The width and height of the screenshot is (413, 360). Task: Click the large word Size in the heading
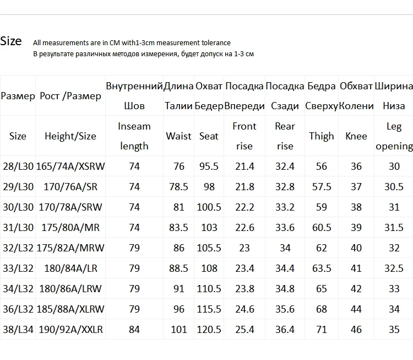(x=11, y=41)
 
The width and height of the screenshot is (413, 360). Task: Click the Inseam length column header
(x=134, y=136)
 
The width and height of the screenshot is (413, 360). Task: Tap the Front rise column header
(x=244, y=136)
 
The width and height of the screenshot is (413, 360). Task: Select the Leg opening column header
(x=394, y=136)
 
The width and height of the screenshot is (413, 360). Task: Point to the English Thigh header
(x=322, y=136)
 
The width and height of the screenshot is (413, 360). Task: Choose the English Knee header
(x=356, y=136)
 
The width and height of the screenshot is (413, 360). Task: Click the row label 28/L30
(x=18, y=166)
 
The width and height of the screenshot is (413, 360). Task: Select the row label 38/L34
(x=18, y=330)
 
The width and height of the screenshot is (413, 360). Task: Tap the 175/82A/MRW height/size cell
(x=70, y=248)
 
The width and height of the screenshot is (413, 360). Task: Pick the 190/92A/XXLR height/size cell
(x=70, y=330)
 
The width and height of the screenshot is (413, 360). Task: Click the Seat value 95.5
(x=209, y=166)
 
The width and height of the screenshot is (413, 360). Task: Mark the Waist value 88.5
(x=178, y=268)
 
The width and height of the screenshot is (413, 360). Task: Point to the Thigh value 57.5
(x=322, y=187)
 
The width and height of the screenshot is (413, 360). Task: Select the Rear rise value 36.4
(x=285, y=330)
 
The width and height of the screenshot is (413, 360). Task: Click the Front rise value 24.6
(x=244, y=310)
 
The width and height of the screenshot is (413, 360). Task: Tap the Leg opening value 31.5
(x=394, y=228)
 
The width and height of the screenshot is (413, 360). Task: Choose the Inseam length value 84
(x=134, y=330)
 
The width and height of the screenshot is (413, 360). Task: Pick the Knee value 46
(x=356, y=330)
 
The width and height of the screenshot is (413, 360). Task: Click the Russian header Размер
(x=18, y=96)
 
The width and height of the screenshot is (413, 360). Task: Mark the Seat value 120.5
(x=209, y=330)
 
